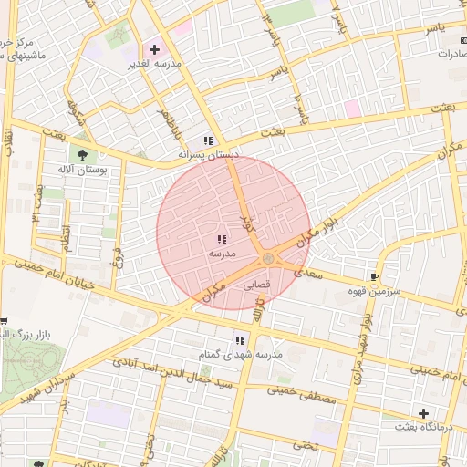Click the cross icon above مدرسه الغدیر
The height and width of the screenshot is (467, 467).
coord(153,48)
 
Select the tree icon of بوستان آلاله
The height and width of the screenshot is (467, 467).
coord(84,155)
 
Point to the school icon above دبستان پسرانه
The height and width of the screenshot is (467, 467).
coord(208,140)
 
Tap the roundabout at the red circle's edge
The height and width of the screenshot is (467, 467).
coord(268,259)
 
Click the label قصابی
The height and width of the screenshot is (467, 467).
coord(255,285)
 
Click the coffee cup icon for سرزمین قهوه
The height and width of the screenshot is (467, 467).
coord(374,276)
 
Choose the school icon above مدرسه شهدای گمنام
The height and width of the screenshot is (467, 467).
coord(241,339)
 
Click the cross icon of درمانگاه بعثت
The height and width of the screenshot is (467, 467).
coord(422,412)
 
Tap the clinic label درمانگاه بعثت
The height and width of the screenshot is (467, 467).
coord(419,427)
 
